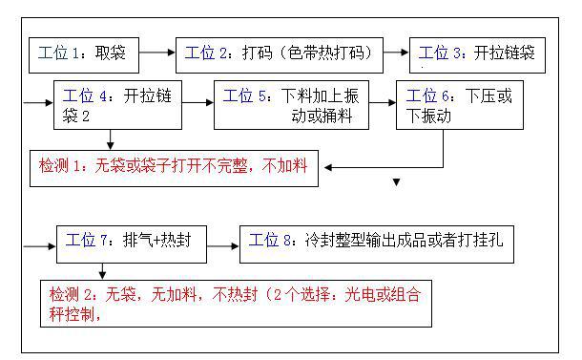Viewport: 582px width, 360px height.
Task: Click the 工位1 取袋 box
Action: tap(87, 50)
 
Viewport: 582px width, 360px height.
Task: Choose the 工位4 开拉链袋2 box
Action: tap(117, 105)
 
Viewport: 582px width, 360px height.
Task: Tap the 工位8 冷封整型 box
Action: tap(376, 243)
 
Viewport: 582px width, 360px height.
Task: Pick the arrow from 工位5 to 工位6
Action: tap(383, 99)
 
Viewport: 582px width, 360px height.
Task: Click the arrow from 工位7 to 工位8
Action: tap(223, 245)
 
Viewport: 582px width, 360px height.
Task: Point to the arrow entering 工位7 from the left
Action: tap(42, 246)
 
